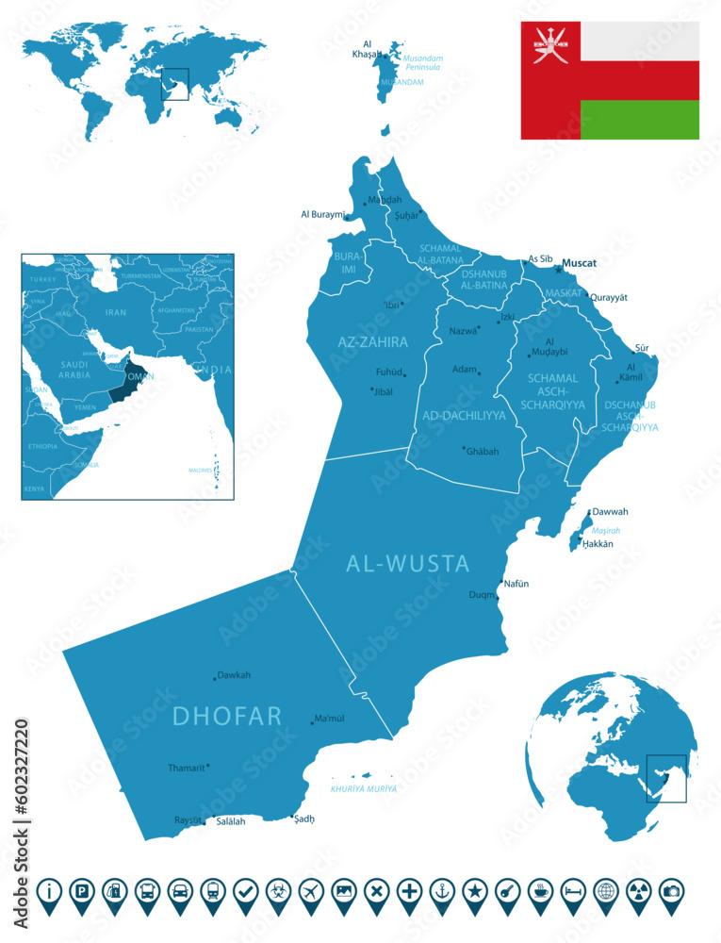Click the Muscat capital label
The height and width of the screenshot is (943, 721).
[579, 263]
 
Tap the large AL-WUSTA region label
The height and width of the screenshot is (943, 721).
[407, 564]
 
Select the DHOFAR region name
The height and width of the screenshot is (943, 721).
[227, 716]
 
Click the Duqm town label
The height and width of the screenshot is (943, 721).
[481, 595]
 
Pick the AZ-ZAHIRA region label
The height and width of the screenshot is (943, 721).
[372, 341]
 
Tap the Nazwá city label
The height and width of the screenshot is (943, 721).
[463, 331]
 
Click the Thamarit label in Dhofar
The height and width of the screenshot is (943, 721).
[186, 768]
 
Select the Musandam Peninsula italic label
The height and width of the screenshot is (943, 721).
[423, 62]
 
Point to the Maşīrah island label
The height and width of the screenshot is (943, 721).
[606, 530]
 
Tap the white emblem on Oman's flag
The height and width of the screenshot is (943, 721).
[549, 43]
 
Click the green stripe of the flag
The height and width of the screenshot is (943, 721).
[639, 120]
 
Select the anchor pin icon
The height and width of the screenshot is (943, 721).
[439, 889]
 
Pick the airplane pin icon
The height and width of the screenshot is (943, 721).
[310, 889]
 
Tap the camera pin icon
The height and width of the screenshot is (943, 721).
[670, 889]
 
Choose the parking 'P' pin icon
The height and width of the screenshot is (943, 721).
[82, 889]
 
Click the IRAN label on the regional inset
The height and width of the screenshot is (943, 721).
[115, 312]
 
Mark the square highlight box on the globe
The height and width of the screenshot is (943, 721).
[666, 778]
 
